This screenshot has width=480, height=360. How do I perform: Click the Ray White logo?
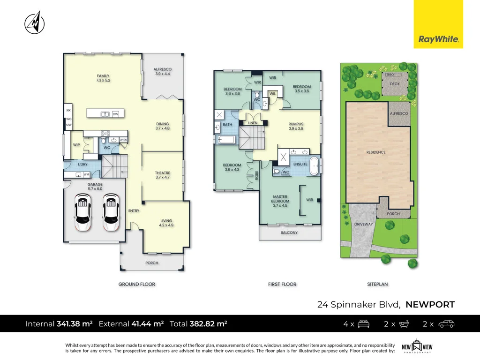coord(438,24)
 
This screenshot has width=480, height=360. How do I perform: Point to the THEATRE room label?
coord(163,173)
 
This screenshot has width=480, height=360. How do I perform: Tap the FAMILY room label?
coord(103,76)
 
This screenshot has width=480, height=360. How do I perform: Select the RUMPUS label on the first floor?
coord(296,124)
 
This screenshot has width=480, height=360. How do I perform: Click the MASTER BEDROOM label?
coord(280,199)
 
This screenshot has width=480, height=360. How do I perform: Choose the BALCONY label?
coord(289,232)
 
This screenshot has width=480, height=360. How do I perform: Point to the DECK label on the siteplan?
coord(395,85)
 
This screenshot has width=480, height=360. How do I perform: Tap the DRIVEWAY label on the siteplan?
coord(363,224)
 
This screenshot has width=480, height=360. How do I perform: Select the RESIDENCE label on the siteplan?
coord(376,152)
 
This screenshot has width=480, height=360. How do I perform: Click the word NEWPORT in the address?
coord(430,305)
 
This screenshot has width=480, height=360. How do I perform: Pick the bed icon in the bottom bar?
coord(364,323)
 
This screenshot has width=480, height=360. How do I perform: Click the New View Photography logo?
coord(417,347)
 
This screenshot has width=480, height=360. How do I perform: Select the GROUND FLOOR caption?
coord(137,284)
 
